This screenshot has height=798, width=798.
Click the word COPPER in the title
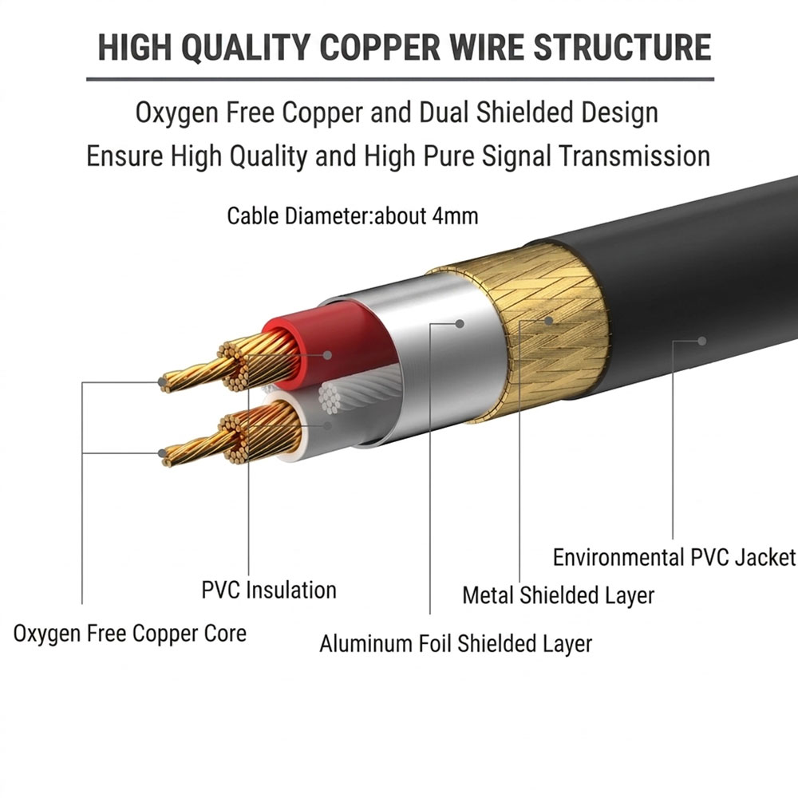pos(379,48)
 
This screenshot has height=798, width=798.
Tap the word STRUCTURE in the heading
pos(622,48)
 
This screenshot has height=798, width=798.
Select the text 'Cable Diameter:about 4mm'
pos(353,216)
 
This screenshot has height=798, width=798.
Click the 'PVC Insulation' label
pos(269,591)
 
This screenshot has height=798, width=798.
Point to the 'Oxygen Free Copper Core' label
pos(130,634)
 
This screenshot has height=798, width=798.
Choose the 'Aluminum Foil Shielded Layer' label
pos(456,644)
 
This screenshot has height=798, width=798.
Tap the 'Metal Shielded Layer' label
pos(559,595)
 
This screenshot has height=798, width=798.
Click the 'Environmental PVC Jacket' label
pos(674,558)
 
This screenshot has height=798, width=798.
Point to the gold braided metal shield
pos(544,331)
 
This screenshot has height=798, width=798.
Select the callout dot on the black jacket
pos(701,341)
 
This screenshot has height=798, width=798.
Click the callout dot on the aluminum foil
pos(460,324)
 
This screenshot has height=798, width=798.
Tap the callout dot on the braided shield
pos(549,321)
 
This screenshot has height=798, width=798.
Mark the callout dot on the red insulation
pos(328,355)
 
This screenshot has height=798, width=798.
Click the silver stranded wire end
pos(330,398)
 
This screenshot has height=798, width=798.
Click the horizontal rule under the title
pos(400,79)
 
